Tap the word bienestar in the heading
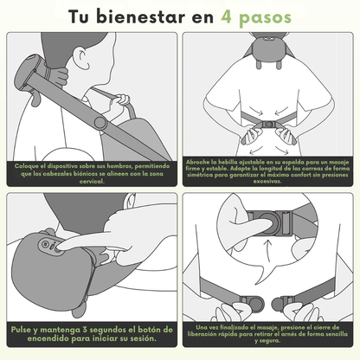(x=140, y=16)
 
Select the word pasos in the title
(x=265, y=18)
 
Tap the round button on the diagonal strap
(x=100, y=122)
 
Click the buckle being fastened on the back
(x=269, y=125)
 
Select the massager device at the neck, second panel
(x=268, y=50)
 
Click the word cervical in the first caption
(x=92, y=182)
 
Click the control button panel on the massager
(x=50, y=246)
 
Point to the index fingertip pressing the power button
(x=59, y=247)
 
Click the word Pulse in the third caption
(x=21, y=330)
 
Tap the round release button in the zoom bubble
(x=269, y=223)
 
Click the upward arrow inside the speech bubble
(x=269, y=251)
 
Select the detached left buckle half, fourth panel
(x=252, y=303)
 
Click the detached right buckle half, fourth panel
(x=284, y=303)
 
